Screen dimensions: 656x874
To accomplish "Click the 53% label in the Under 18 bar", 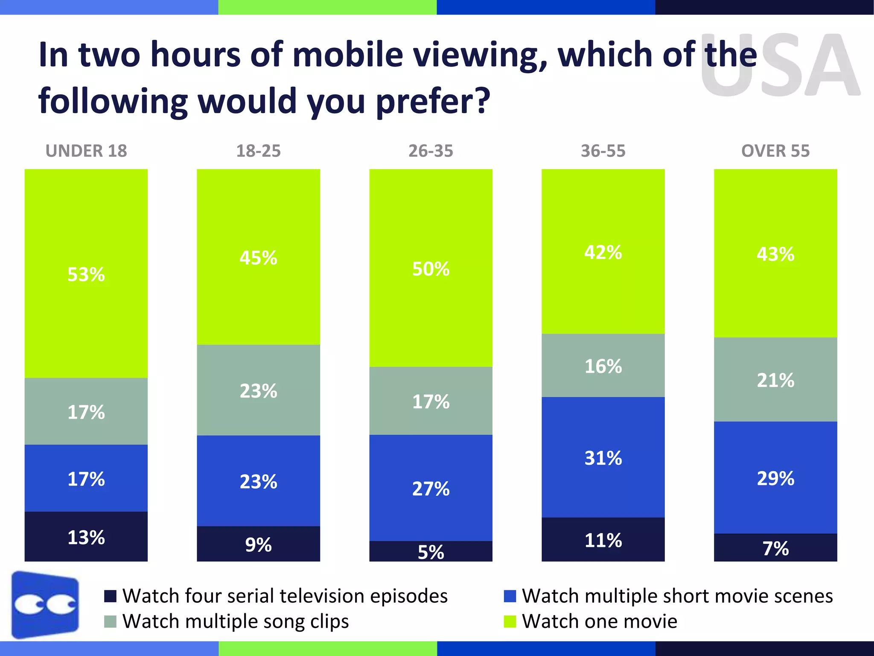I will tap(86, 274).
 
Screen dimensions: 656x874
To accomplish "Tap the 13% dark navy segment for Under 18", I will tap(86, 537).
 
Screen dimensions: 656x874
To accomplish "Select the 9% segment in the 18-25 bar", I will tap(258, 544).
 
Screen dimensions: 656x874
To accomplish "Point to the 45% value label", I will tap(258, 258).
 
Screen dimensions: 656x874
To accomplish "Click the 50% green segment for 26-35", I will tap(431, 268).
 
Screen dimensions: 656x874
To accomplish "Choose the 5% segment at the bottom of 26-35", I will tap(431, 551).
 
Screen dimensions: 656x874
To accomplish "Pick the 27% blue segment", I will tap(431, 488).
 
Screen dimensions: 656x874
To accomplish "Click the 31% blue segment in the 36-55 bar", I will tap(603, 457).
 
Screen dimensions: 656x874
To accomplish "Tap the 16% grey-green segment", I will tap(603, 366).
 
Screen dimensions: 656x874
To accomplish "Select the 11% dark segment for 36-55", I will tap(603, 540).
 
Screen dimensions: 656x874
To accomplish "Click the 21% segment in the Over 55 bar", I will tap(775, 380).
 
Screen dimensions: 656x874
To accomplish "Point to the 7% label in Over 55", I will tap(775, 548).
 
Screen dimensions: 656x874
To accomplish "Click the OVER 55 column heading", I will tap(775, 151).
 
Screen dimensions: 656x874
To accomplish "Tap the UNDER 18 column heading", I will tap(86, 151).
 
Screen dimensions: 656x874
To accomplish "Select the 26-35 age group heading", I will tap(431, 151).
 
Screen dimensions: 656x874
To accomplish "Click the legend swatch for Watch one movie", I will tap(510, 621).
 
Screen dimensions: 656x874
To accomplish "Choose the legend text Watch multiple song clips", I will tap(236, 621).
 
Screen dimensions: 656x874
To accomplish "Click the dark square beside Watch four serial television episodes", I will tap(110, 596).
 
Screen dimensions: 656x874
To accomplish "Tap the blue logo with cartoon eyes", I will tap(45, 605).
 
